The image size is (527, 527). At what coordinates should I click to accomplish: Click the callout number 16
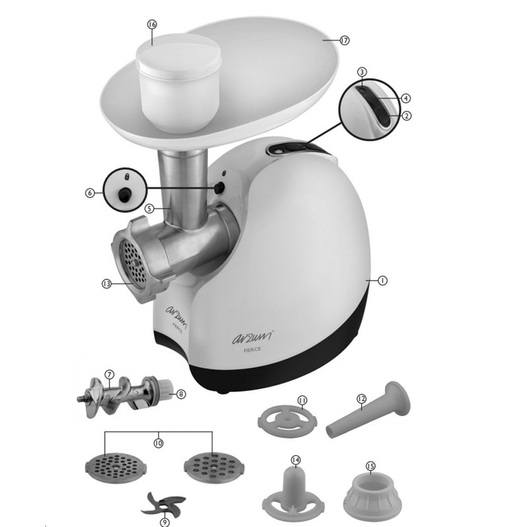(152, 24)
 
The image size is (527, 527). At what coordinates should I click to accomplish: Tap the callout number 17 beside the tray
(345, 41)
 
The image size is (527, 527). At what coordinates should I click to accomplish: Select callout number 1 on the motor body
(383, 281)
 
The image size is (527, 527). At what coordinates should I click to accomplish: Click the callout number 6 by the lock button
(90, 193)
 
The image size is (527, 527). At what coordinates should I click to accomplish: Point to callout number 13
(107, 284)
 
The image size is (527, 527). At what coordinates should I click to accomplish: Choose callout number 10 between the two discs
(159, 443)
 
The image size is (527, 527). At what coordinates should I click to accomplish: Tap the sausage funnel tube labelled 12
(368, 410)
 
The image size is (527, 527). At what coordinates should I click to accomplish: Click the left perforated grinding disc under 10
(116, 468)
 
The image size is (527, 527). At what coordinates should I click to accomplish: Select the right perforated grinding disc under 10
(214, 468)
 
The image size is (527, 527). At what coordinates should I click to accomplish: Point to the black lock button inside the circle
(125, 194)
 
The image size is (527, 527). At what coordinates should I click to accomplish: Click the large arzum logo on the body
(252, 337)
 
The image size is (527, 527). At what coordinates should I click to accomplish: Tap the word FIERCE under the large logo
(252, 350)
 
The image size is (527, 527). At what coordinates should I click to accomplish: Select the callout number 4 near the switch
(406, 98)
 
